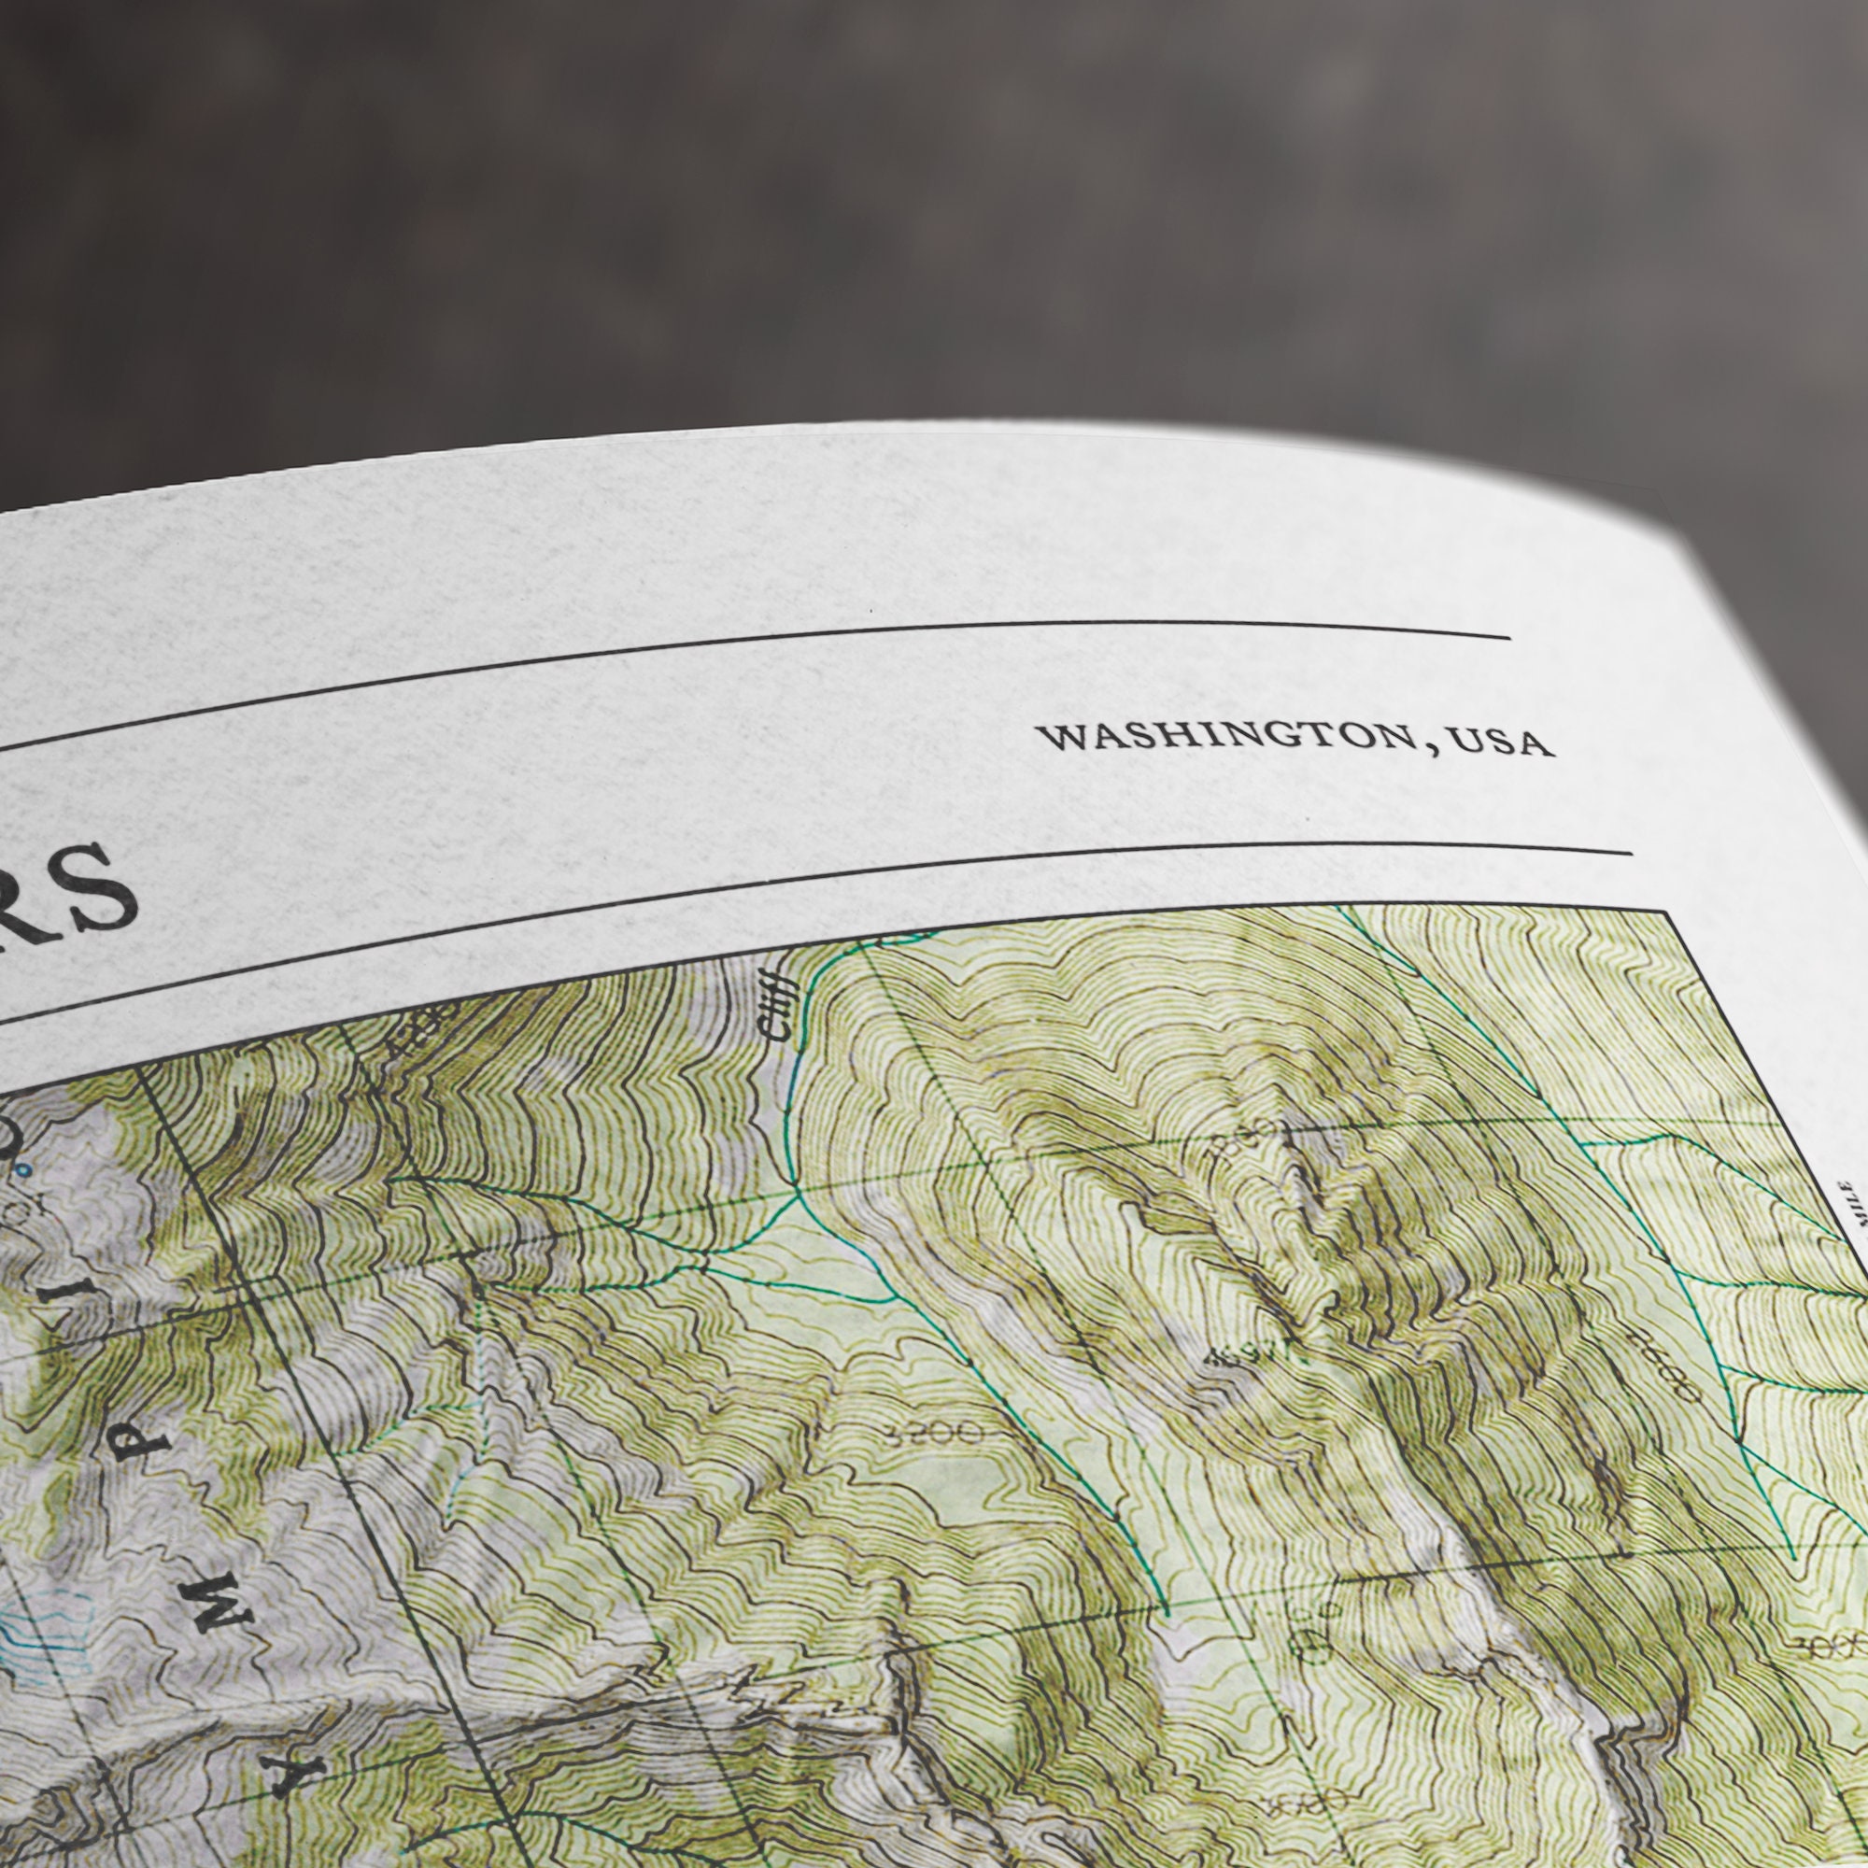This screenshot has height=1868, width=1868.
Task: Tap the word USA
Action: pos(1503,743)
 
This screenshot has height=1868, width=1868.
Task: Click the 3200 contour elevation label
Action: pos(932,1432)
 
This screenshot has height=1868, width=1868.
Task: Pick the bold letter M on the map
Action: pos(215,1610)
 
